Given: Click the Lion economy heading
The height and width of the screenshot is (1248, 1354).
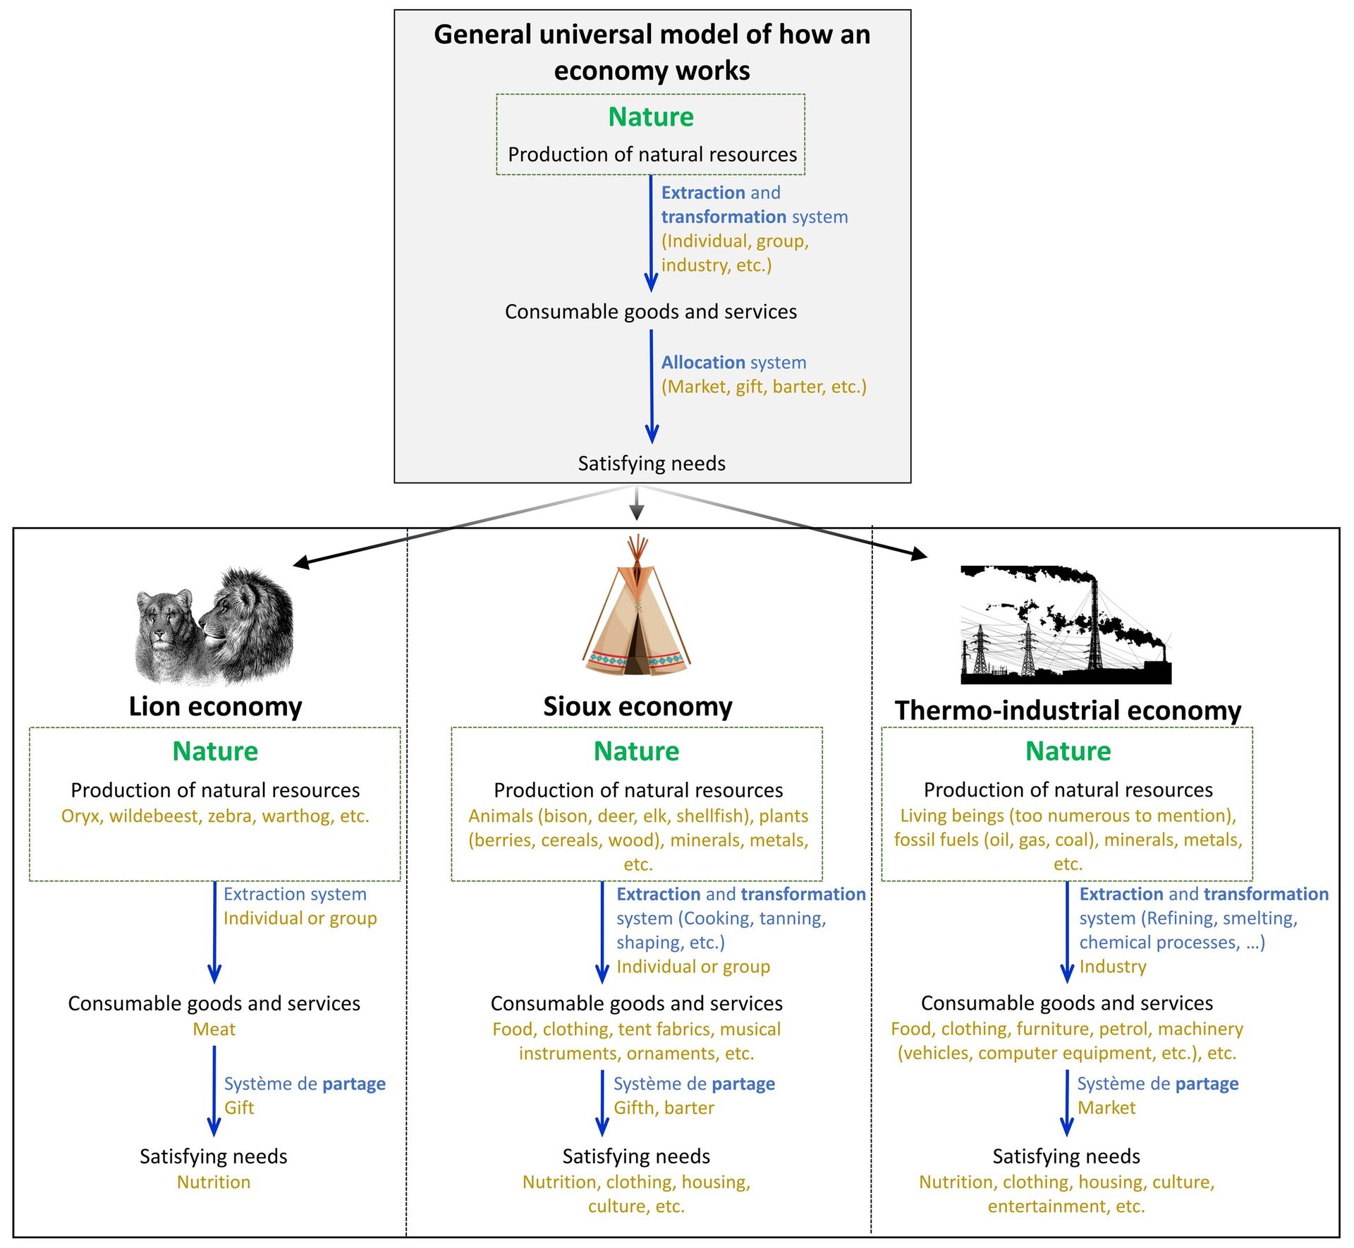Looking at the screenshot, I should tap(215, 706).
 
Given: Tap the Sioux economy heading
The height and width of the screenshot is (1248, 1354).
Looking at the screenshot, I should tap(638, 706).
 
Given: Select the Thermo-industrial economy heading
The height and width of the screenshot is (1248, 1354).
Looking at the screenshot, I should tap(1068, 710).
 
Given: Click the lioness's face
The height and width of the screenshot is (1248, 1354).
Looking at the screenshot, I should tap(164, 621).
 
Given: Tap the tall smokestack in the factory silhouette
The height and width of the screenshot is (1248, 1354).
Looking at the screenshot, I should tap(1095, 621).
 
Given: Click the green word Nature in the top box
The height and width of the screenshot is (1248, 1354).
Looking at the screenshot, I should tap(650, 117).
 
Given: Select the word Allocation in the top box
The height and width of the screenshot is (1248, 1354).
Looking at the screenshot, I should tap(703, 363).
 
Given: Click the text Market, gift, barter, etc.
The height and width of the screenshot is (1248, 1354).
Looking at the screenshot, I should tap(764, 387).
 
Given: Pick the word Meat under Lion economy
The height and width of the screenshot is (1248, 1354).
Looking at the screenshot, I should tap(214, 1029).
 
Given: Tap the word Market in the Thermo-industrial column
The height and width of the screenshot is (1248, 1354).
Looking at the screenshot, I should tap(1106, 1108).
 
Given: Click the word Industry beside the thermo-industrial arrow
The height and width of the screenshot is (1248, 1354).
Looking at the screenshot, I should tap(1113, 967).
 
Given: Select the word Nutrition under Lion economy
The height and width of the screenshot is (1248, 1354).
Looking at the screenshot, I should tap(214, 1182).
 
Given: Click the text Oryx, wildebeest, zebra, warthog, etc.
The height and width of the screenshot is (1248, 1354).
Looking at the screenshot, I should tap(215, 816).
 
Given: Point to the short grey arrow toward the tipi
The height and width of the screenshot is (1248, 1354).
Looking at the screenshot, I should tap(637, 504).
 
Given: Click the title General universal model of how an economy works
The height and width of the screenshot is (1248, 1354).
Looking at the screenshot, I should tap(652, 53).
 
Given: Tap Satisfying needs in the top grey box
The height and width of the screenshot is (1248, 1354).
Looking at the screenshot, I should tap(652, 464).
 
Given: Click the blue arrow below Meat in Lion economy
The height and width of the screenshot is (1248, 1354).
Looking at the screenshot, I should tap(214, 1089).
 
